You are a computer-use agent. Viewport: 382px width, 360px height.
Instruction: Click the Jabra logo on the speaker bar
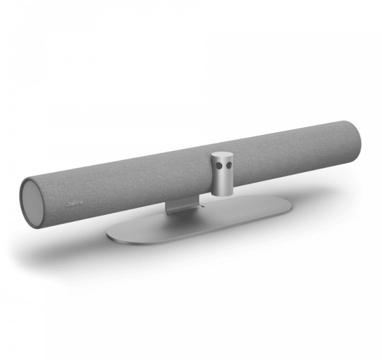point(74,203)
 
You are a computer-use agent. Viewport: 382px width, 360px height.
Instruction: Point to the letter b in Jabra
point(74,203)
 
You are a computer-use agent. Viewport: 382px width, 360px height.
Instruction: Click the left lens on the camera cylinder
point(220,166)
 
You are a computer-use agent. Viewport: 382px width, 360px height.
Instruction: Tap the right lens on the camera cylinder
point(229,166)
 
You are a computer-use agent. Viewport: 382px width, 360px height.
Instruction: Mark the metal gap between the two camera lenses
point(224,166)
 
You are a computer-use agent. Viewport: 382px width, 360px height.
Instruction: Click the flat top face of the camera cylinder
point(222,155)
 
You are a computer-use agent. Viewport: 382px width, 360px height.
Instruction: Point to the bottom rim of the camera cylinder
point(222,194)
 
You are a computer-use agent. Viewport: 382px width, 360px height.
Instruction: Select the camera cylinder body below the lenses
point(222,182)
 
